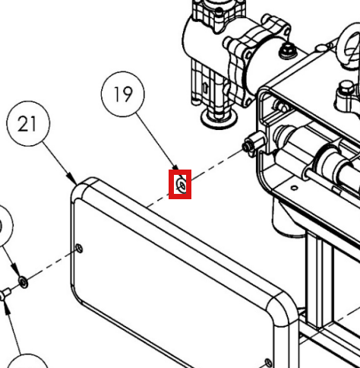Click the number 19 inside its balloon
123,94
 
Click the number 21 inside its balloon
27,124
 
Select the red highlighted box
180,184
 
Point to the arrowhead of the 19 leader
176,168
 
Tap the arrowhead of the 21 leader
72,179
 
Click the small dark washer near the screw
24,282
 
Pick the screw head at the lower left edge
5,295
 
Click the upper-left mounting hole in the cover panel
80,248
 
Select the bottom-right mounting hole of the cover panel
268,363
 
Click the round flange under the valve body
219,119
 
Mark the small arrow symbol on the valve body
205,87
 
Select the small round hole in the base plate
294,188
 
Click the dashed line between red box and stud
217,164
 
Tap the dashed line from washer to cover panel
52,265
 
